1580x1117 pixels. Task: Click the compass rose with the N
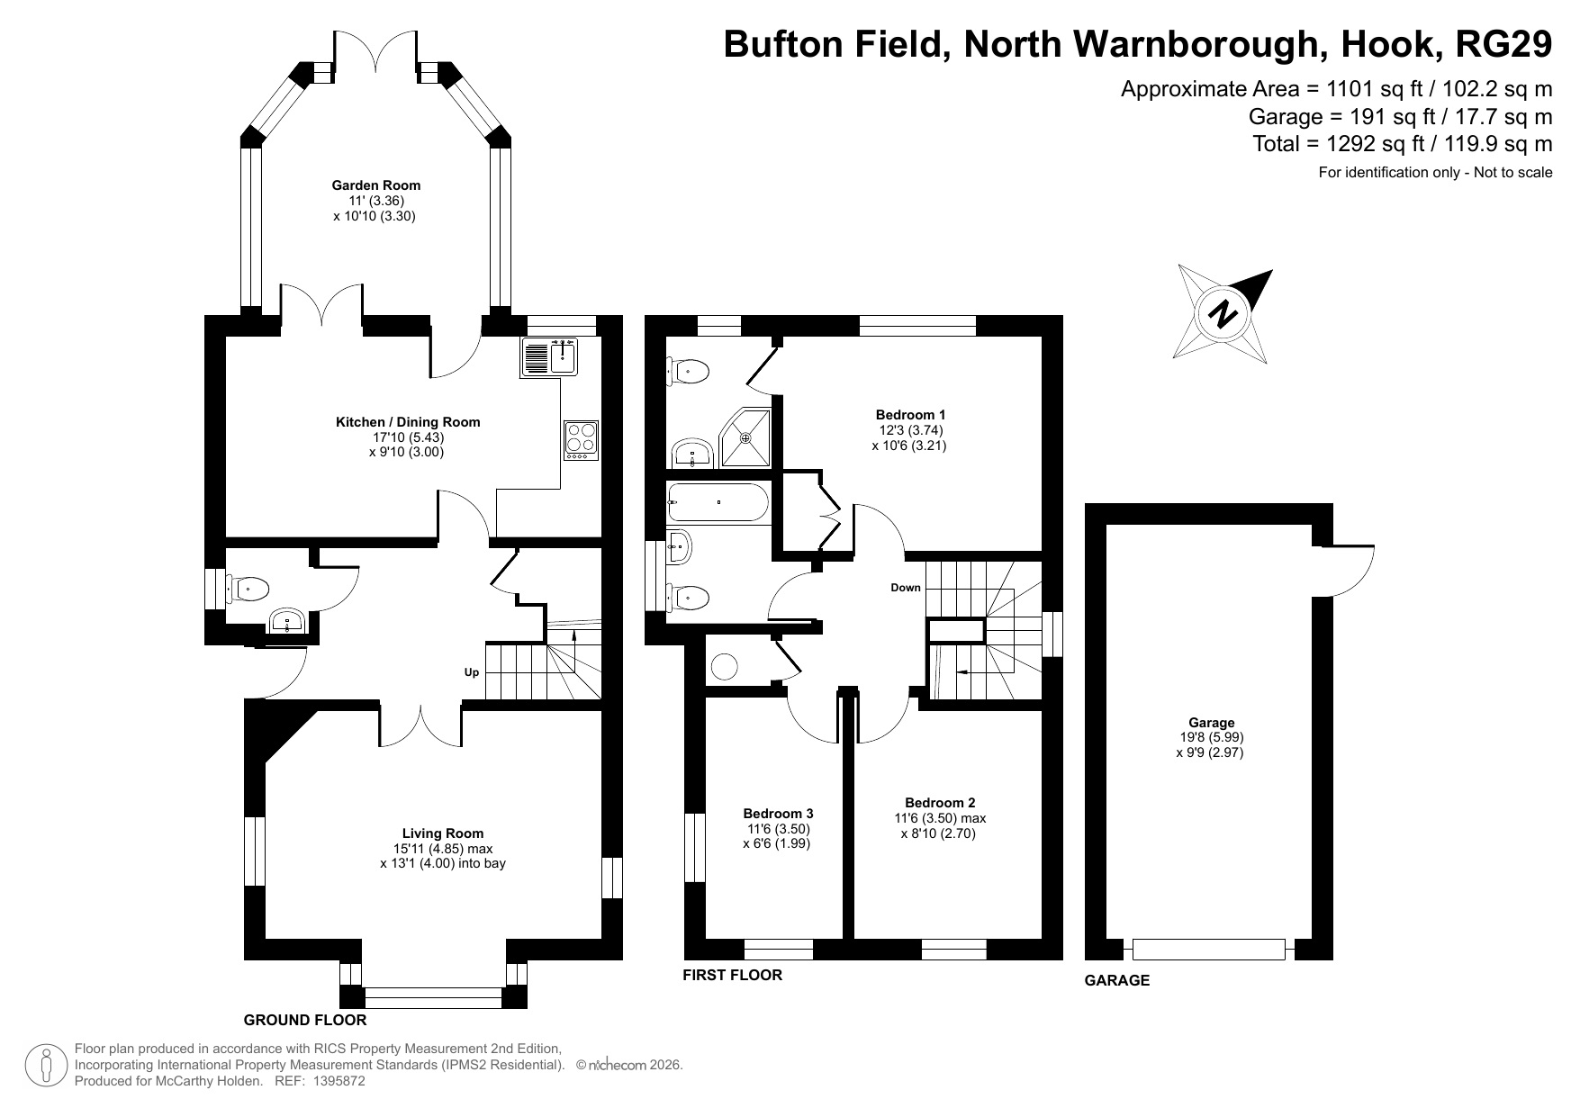[1223, 314]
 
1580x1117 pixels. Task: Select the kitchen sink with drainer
[549, 357]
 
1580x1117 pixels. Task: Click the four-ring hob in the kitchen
[581, 438]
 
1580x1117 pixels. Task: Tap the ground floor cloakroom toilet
[248, 590]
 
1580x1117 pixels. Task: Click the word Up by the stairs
[471, 672]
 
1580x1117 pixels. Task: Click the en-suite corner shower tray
[746, 437]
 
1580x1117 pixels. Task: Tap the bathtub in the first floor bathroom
[718, 502]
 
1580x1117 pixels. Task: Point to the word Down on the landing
[906, 588]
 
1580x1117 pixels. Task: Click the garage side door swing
[1348, 572]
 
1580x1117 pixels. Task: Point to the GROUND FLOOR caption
[305, 1020]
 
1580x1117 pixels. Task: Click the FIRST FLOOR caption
[732, 975]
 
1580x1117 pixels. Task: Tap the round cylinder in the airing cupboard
[725, 666]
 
